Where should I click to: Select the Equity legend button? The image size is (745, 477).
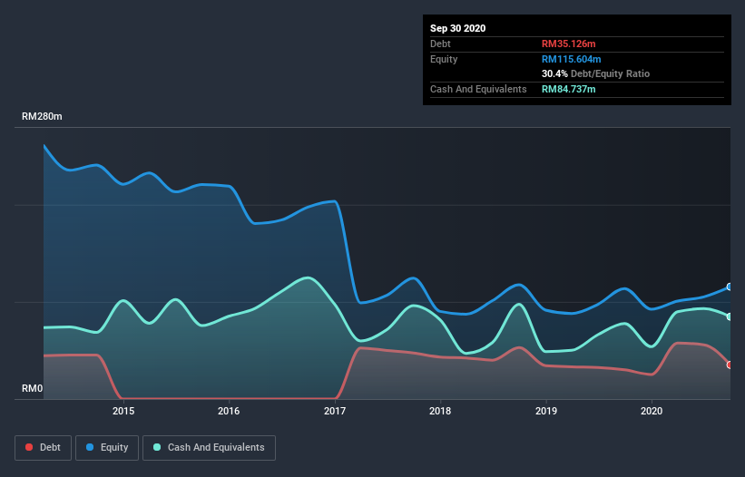click(x=107, y=447)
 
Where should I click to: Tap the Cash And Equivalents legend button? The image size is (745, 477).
click(x=209, y=447)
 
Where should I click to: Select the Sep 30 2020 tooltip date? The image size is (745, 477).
click(x=457, y=28)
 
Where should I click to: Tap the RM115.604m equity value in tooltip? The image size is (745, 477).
click(x=572, y=59)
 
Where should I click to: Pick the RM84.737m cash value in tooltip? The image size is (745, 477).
click(x=569, y=89)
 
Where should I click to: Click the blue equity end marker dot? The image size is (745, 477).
click(x=729, y=287)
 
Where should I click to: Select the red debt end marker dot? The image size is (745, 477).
click(x=729, y=365)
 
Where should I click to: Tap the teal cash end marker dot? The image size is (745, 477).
click(x=729, y=316)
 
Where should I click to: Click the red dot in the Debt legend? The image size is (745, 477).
click(x=30, y=447)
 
